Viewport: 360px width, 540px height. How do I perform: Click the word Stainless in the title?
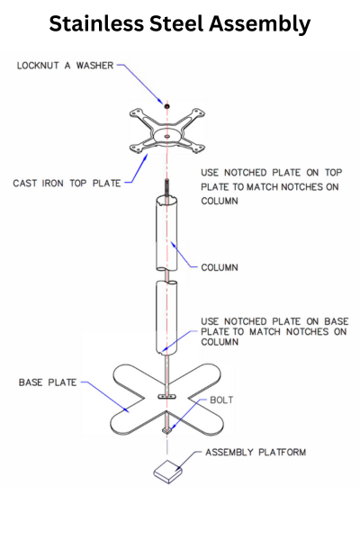coord(96,23)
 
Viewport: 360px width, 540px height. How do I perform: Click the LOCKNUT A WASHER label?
coord(65,66)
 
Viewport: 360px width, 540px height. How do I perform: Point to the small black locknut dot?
coord(167,106)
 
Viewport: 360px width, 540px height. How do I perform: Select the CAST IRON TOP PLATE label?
coord(67,184)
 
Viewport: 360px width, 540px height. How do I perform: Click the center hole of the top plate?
coord(167,137)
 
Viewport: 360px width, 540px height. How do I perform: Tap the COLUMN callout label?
coord(220,267)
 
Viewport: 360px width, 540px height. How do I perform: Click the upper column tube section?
coord(166,233)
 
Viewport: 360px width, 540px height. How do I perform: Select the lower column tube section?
coord(166,317)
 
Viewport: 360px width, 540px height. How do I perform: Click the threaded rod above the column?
coord(167,188)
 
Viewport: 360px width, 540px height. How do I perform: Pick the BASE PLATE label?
coord(48,382)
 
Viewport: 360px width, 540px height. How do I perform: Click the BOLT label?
coord(221,400)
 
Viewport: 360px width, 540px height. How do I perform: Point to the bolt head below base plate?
coord(167,430)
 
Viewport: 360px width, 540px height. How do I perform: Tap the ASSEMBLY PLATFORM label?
coord(256,452)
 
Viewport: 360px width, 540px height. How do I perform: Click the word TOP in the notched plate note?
coord(333,173)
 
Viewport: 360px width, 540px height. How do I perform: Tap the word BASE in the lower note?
coord(337,321)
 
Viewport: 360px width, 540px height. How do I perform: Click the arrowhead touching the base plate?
coord(126,409)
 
